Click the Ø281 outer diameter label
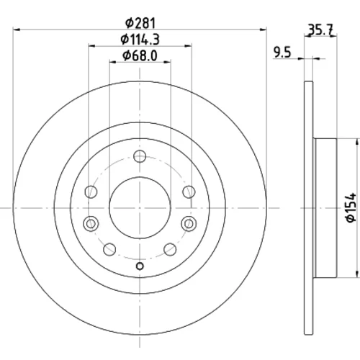click(x=140, y=23)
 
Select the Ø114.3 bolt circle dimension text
click(x=140, y=40)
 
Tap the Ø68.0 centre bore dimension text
click(x=140, y=55)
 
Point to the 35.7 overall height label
click(x=320, y=30)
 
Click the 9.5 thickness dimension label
click(x=282, y=53)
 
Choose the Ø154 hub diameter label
click(x=351, y=207)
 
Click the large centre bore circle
click(x=140, y=208)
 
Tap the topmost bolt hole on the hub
click(x=140, y=156)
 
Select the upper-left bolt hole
click(x=91, y=192)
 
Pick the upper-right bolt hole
click(x=189, y=192)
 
